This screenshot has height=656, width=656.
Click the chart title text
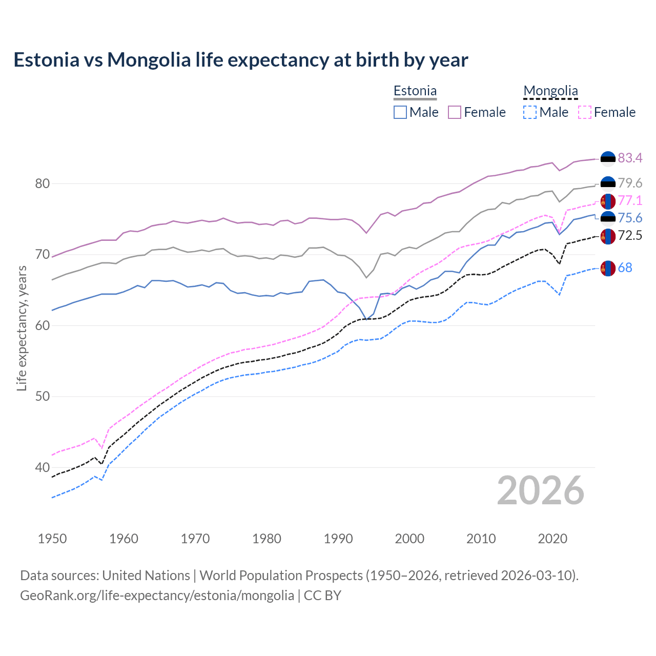pos(241,60)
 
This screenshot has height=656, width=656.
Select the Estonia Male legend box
pos(400,112)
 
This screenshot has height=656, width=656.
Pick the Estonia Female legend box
pos(455,112)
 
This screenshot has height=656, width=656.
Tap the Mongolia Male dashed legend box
pos(530,112)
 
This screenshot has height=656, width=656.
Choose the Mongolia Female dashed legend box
pos(584,112)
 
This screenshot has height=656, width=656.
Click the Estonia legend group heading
pos(415,91)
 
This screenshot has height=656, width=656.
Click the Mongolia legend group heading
pos(550,91)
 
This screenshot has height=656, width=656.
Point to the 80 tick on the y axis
pos(43,183)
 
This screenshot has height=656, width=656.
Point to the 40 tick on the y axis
pos(43,467)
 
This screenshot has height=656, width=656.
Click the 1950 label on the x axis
pos(52,539)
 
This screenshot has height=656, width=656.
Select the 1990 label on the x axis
pos(338,539)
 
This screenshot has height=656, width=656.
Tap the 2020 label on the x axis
pos(552,539)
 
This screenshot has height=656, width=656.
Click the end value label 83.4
pos(630,158)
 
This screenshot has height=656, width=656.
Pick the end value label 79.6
pos(630,183)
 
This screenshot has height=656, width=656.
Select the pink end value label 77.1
pos(630,200)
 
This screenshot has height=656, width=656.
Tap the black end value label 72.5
pos(630,236)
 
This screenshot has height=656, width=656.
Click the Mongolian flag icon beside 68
pos(608,268)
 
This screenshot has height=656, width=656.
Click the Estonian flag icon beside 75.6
pos(608,218)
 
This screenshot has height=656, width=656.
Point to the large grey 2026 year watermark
pos(540,490)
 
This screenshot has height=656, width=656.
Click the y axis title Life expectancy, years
pos(22,328)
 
